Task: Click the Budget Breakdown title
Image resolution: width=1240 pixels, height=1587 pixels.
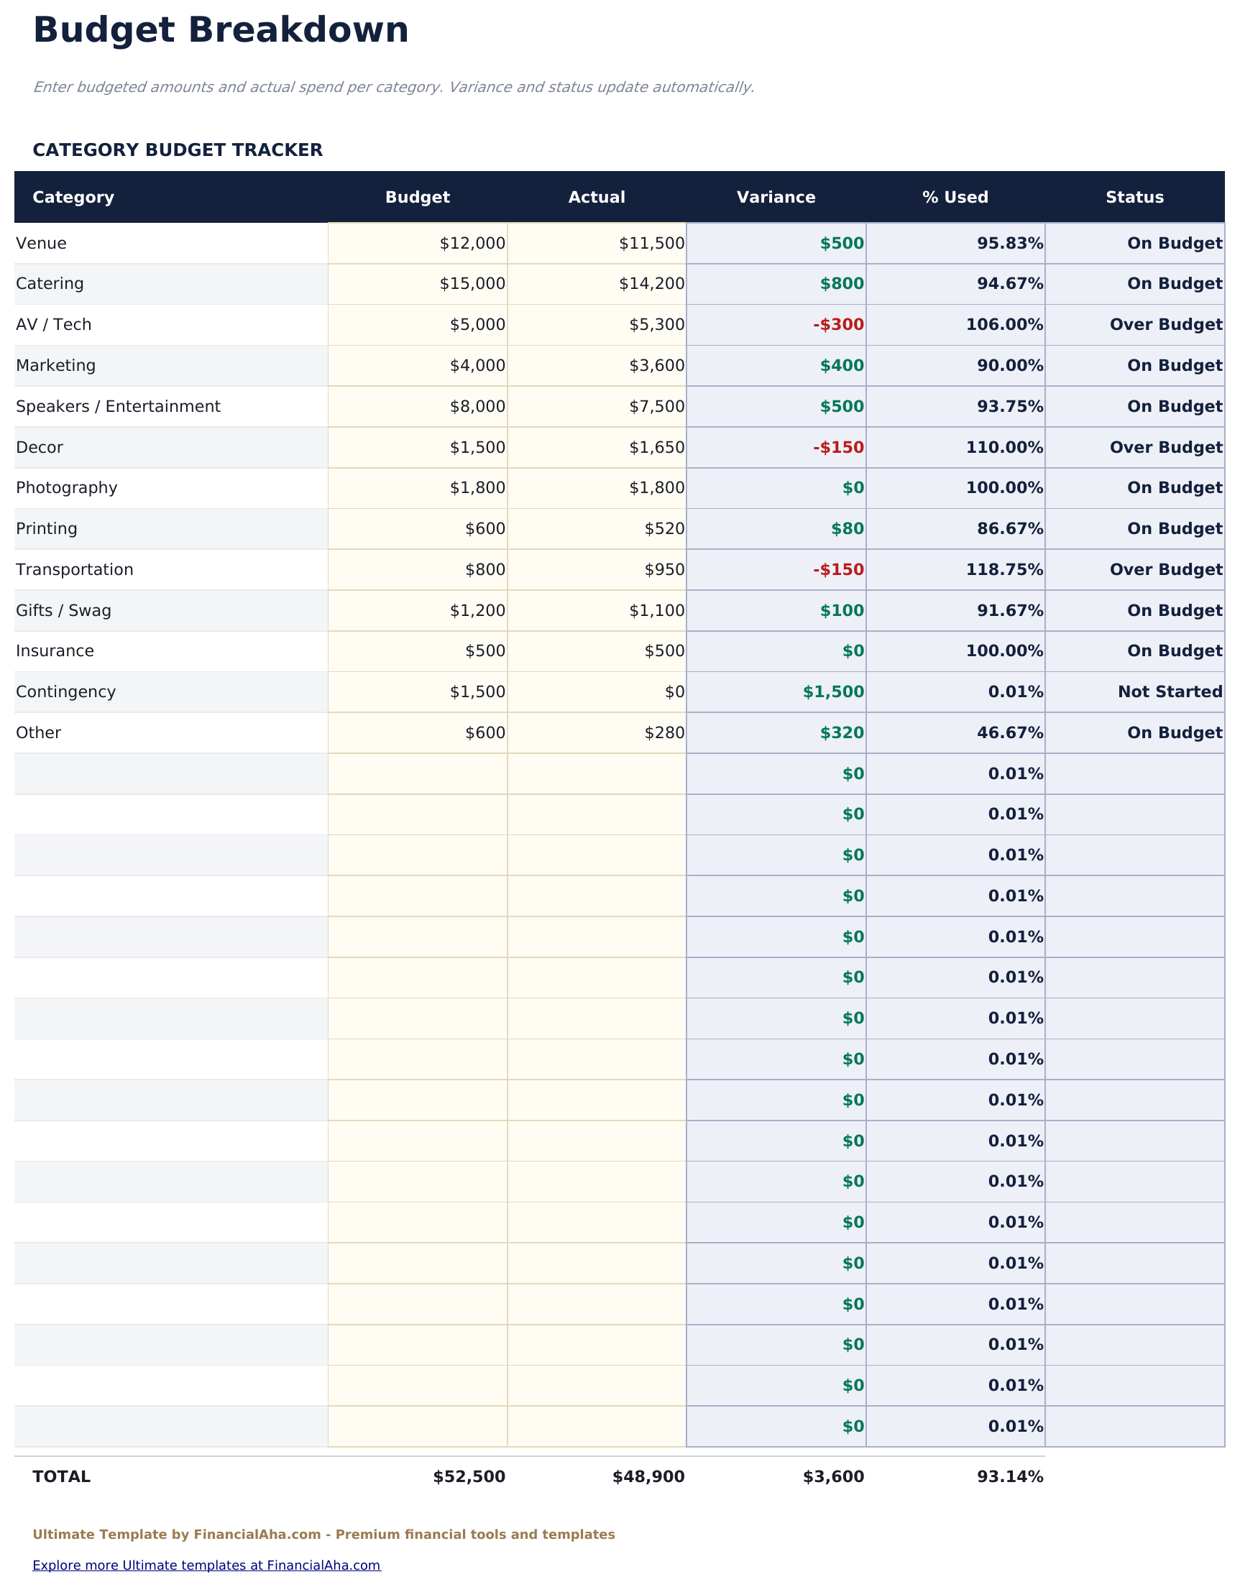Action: point(220,31)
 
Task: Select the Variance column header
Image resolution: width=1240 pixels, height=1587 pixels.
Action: point(776,198)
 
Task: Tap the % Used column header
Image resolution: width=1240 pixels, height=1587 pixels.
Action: point(955,198)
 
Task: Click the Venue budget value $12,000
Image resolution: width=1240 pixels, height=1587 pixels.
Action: point(472,244)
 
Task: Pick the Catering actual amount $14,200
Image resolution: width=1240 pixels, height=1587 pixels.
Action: point(651,284)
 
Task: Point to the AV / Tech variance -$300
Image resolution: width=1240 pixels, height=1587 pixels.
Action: point(838,325)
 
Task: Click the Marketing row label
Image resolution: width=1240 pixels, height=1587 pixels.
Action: point(56,366)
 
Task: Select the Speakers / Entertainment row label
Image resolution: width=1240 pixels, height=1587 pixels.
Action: point(118,406)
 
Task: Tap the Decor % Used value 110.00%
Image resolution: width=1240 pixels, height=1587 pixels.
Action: point(1004,448)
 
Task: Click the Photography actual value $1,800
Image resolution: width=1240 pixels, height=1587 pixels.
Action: point(656,487)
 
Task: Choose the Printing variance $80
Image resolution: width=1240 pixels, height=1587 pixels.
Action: point(848,529)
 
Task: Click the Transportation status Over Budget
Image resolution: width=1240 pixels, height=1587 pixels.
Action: point(1165,570)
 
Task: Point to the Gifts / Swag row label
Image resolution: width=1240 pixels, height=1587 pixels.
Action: point(63,610)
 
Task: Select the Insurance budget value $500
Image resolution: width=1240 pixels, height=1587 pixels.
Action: point(484,651)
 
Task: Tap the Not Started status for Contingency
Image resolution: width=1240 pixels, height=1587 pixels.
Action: point(1170,691)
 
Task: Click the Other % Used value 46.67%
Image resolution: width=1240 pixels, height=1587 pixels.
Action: point(1009,732)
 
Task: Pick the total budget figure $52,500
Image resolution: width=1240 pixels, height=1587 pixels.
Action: point(469,1476)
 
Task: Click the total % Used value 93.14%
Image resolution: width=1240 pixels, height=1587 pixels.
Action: point(1009,1476)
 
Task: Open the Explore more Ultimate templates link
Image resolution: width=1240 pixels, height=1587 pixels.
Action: point(206,1565)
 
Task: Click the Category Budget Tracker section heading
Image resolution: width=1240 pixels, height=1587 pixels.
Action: point(178,150)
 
